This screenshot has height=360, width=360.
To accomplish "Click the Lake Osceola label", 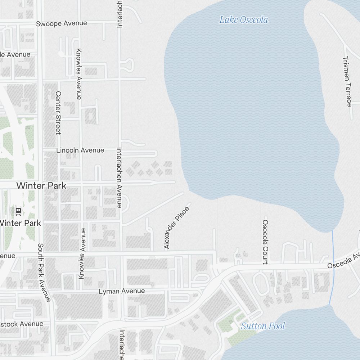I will pyautogui.click(x=244, y=20).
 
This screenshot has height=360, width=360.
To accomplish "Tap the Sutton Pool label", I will pyautogui.click(x=263, y=326).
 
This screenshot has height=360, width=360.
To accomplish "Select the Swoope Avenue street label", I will pyautogui.click(x=62, y=23).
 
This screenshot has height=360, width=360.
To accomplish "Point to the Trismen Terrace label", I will pyautogui.click(x=347, y=81).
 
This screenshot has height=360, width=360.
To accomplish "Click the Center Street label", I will pyautogui.click(x=58, y=112).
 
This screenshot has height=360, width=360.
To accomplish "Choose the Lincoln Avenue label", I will pyautogui.click(x=80, y=150).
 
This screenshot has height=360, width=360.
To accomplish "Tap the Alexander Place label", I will pyautogui.click(x=176, y=228).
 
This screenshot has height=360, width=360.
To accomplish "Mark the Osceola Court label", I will pyautogui.click(x=265, y=242).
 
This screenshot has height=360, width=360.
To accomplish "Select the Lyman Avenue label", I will pyautogui.click(x=122, y=291).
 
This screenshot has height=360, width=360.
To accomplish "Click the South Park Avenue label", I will pyautogui.click(x=44, y=273).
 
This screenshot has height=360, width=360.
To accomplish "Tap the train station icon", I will pyautogui.click(x=18, y=211).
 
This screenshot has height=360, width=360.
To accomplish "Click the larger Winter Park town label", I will pyautogui.click(x=41, y=186).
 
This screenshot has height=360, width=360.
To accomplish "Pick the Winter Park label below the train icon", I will pyautogui.click(x=20, y=223).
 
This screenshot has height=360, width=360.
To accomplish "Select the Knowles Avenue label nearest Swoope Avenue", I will pyautogui.click(x=79, y=74).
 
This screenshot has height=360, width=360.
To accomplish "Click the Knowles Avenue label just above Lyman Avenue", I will pyautogui.click(x=82, y=253).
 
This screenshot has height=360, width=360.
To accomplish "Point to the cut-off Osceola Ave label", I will pyautogui.click(x=343, y=260).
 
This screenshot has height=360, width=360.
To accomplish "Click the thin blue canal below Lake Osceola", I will pyautogui.click(x=333, y=266).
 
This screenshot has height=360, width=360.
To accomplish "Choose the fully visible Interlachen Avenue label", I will pyautogui.click(x=120, y=177).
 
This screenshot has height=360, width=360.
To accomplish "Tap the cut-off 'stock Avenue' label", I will pyautogui.click(x=21, y=324).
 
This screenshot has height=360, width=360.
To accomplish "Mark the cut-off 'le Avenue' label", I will pyautogui.click(x=15, y=54).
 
